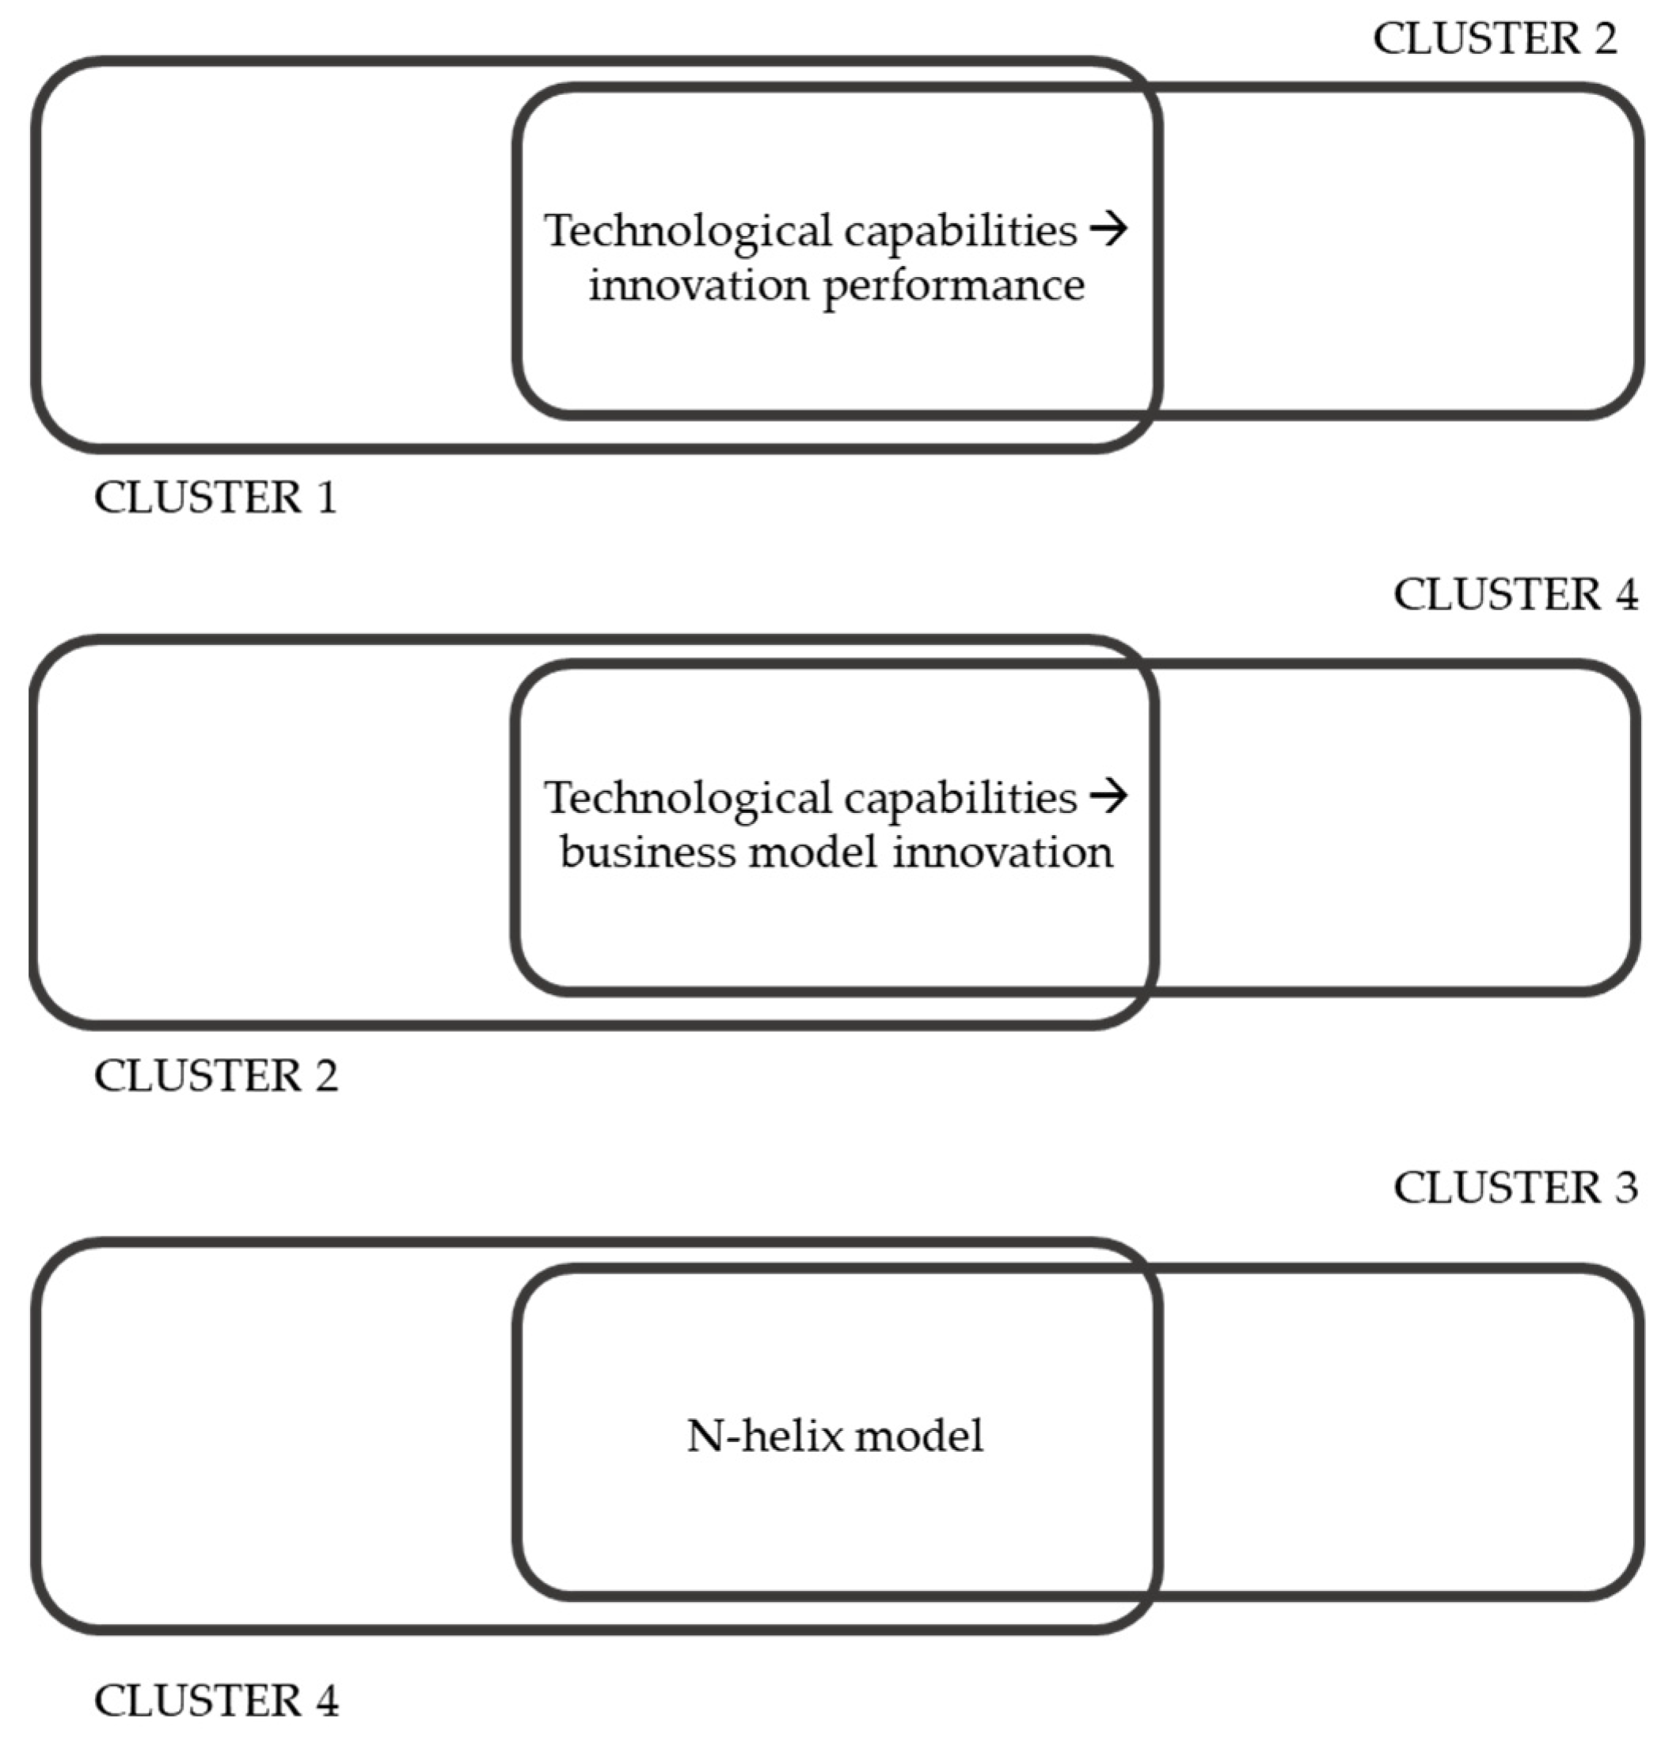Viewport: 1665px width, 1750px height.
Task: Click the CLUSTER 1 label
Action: [215, 498]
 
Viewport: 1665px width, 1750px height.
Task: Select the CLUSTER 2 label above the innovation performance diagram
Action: [1496, 39]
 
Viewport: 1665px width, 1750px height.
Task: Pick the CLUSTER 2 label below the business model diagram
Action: [215, 1076]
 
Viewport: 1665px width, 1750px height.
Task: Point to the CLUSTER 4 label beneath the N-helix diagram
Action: [215, 1701]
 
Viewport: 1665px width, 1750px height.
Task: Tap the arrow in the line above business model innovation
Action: [1108, 797]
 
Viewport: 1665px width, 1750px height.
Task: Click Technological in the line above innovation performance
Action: [688, 233]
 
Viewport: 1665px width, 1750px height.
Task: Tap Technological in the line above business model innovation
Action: [688, 799]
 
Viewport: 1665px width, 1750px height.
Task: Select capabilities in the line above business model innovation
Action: [960, 799]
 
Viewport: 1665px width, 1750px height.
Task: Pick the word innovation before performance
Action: [698, 287]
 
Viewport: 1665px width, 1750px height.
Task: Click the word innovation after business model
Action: [1002, 852]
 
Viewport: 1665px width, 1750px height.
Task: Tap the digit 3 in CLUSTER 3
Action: [1626, 1188]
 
